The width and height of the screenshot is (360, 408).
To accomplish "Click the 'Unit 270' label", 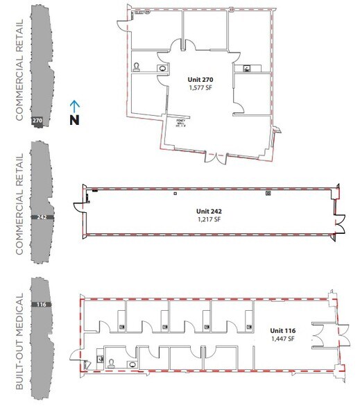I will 200,80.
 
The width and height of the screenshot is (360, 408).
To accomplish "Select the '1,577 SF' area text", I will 200,89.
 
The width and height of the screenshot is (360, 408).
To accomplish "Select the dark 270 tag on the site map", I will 39,120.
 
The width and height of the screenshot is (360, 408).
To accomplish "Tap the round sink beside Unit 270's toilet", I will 162,67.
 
